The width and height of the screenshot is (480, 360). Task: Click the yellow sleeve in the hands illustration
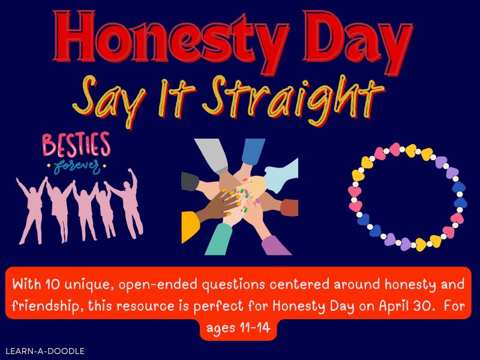coord(191,227)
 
